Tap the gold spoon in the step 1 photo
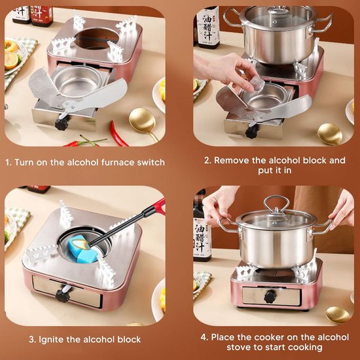143,121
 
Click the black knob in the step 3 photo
62,296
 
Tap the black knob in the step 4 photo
270,297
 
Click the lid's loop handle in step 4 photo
276,202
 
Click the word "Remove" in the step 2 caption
232,160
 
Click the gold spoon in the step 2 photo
330,134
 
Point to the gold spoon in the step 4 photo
337,315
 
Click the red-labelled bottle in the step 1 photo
41,16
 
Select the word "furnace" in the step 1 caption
118,162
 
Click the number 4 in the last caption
204,337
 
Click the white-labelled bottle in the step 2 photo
207,27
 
